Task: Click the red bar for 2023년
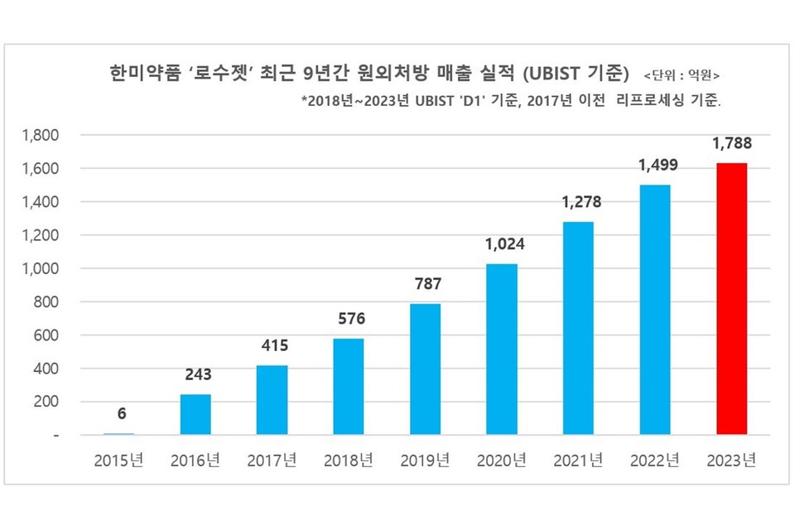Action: pyautogui.click(x=731, y=299)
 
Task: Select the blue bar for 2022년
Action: pyautogui.click(x=655, y=310)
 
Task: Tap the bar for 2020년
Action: pyautogui.click(x=502, y=349)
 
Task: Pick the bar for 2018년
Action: pyautogui.click(x=349, y=387)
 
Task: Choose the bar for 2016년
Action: pyautogui.click(x=195, y=414)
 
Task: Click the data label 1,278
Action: pyautogui.click(x=579, y=202)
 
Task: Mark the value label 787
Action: pyautogui.click(x=425, y=284)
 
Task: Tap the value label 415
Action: pyautogui.click(x=272, y=346)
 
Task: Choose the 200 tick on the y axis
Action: pyautogui.click(x=46, y=402)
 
